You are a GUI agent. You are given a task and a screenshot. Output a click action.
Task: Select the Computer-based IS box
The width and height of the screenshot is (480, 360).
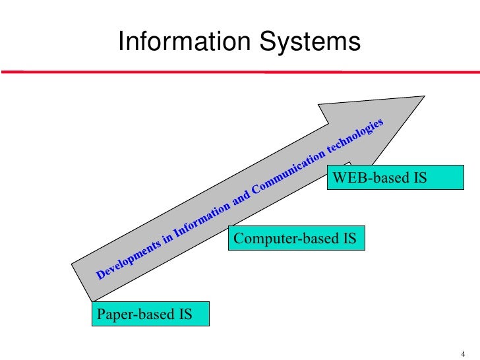click(295, 239)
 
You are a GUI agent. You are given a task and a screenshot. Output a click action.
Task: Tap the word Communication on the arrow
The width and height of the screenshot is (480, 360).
click(287, 173)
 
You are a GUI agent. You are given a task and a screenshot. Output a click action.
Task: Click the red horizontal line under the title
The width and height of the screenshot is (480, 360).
click(240, 72)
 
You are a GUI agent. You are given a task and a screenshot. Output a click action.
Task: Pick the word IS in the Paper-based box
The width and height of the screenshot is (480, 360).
click(185, 314)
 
